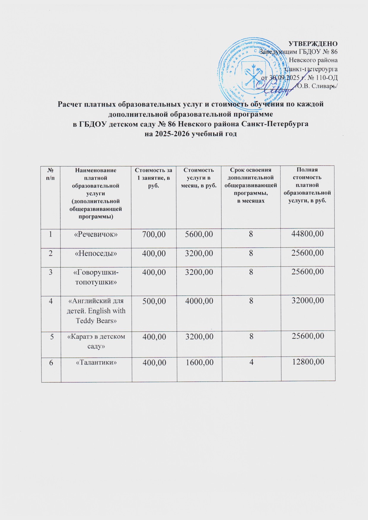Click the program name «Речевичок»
[96, 234]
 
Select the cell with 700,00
[154, 234]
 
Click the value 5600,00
[199, 234]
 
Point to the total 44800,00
[308, 234]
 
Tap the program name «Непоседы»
[96, 253]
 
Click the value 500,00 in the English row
[154, 301]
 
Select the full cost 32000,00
[308, 301]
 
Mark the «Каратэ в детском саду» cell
[96, 341]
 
